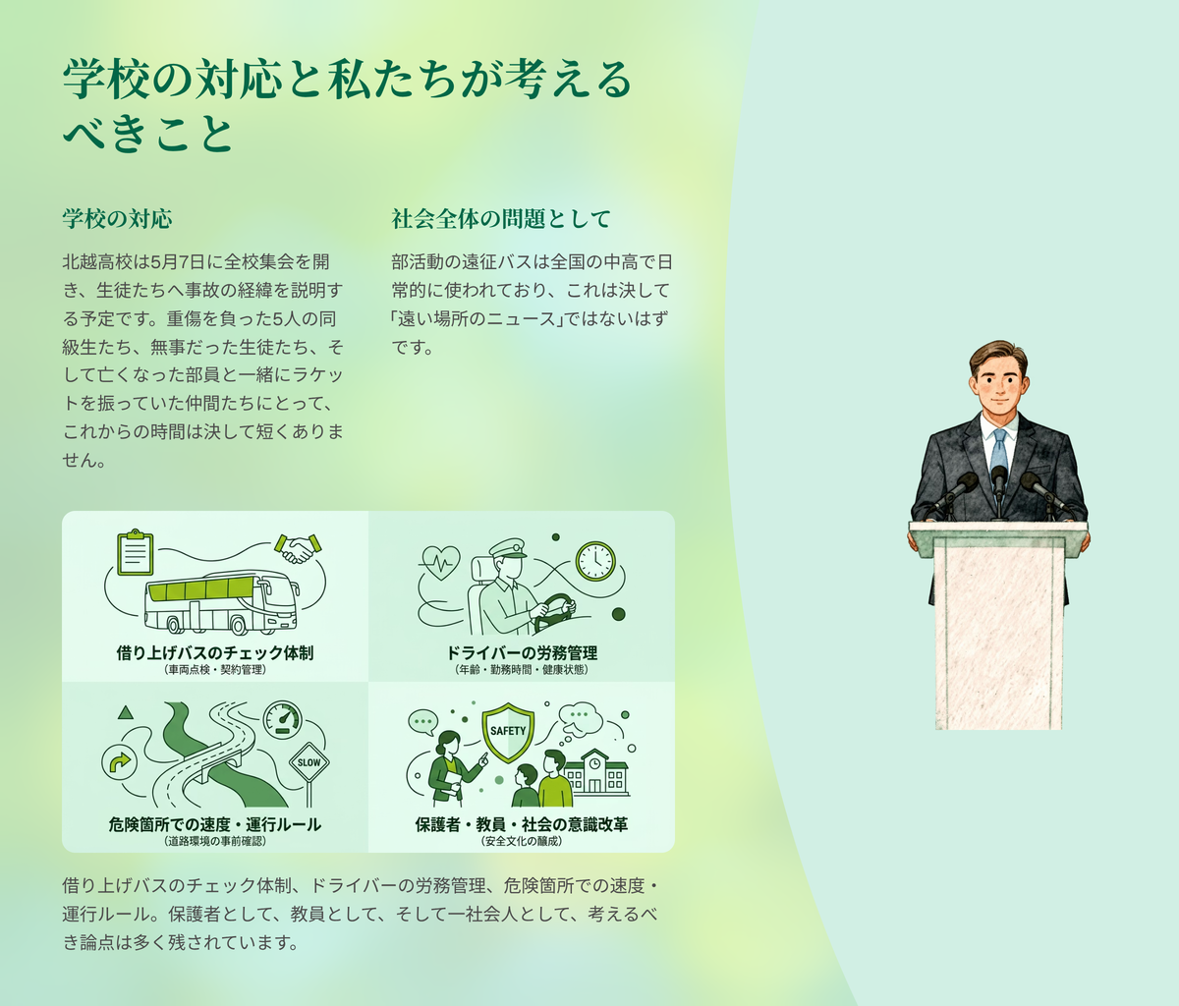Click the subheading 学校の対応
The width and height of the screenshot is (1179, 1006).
pos(117,218)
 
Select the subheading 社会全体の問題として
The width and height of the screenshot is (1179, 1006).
pos(501,218)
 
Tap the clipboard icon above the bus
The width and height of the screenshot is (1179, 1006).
pos(136,552)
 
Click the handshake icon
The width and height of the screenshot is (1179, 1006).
pos(298,548)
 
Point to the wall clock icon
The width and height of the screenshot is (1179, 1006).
pos(595,561)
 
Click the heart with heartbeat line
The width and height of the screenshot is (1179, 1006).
pos(440,562)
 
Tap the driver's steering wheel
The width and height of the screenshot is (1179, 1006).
pos(554,611)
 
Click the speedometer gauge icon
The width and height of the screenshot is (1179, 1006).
pos(282,720)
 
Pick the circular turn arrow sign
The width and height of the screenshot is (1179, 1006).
pos(119,762)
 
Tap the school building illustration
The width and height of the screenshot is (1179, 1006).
pos(596,773)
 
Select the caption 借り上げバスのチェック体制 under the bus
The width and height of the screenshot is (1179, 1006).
pos(215,653)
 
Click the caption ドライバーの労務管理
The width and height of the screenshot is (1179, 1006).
pos(522,653)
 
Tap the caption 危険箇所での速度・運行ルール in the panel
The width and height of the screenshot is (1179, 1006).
pos(215,824)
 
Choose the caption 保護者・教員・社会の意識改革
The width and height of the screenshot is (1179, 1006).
pos(522,824)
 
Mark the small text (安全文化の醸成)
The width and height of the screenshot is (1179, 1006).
pos(522,841)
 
